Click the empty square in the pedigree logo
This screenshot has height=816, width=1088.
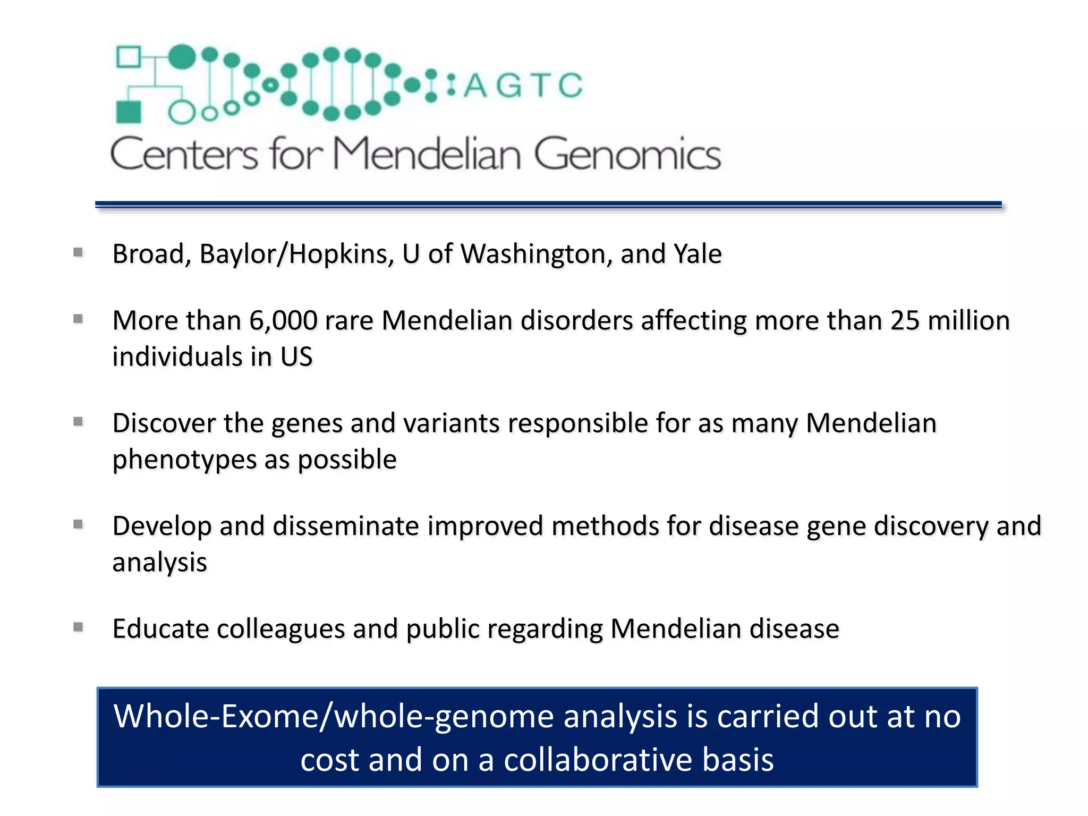128,57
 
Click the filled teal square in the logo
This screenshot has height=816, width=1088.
129,112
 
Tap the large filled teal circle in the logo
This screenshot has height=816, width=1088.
182,56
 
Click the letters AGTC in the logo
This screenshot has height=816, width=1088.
523,86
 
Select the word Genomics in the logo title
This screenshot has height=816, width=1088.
627,154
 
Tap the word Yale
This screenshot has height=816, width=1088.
698,254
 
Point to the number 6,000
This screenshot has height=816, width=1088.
283,321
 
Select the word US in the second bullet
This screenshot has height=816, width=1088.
296,356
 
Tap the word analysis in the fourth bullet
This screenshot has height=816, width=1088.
159,562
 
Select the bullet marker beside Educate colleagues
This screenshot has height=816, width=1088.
78,627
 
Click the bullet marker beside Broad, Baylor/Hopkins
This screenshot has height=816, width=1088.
78,252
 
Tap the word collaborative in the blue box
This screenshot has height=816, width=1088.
598,760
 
